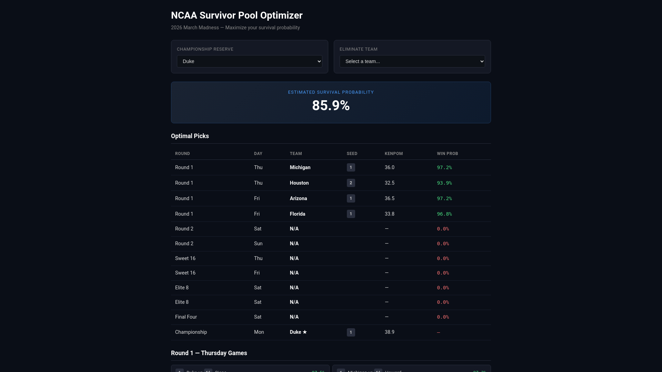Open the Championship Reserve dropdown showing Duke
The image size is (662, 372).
(249, 61)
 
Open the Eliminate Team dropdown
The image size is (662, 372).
(412, 61)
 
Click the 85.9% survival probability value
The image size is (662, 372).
(331, 105)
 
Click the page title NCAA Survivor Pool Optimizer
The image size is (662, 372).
(237, 15)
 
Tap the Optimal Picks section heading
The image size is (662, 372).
(190, 136)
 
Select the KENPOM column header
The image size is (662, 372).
(393, 154)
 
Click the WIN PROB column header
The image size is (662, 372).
(447, 154)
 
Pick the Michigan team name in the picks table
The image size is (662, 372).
(300, 167)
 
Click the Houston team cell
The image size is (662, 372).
(299, 183)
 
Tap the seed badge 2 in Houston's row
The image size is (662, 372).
(351, 183)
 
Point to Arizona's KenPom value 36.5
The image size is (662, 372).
(389, 198)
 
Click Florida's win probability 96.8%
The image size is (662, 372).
(444, 214)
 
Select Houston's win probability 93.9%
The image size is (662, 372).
(444, 183)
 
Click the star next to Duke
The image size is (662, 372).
(305, 332)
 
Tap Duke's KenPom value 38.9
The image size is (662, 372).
(389, 332)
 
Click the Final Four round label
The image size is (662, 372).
(186, 317)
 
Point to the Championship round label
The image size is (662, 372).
(191, 332)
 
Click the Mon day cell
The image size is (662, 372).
(259, 332)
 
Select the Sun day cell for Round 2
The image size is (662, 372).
(258, 244)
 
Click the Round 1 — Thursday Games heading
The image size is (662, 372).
(209, 353)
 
